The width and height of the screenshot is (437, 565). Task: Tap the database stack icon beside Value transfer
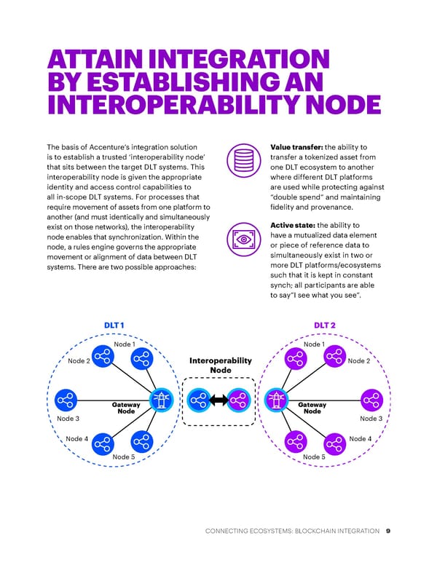click(x=240, y=159)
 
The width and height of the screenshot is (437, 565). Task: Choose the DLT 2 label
click(x=325, y=325)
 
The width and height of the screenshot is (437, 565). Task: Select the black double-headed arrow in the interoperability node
click(x=219, y=400)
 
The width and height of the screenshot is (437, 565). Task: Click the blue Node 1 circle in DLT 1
click(x=141, y=357)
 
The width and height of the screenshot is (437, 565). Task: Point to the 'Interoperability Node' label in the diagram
click(x=220, y=366)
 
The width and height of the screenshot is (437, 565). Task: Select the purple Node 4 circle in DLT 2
click(x=335, y=442)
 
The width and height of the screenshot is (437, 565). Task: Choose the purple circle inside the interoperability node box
click(x=239, y=400)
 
